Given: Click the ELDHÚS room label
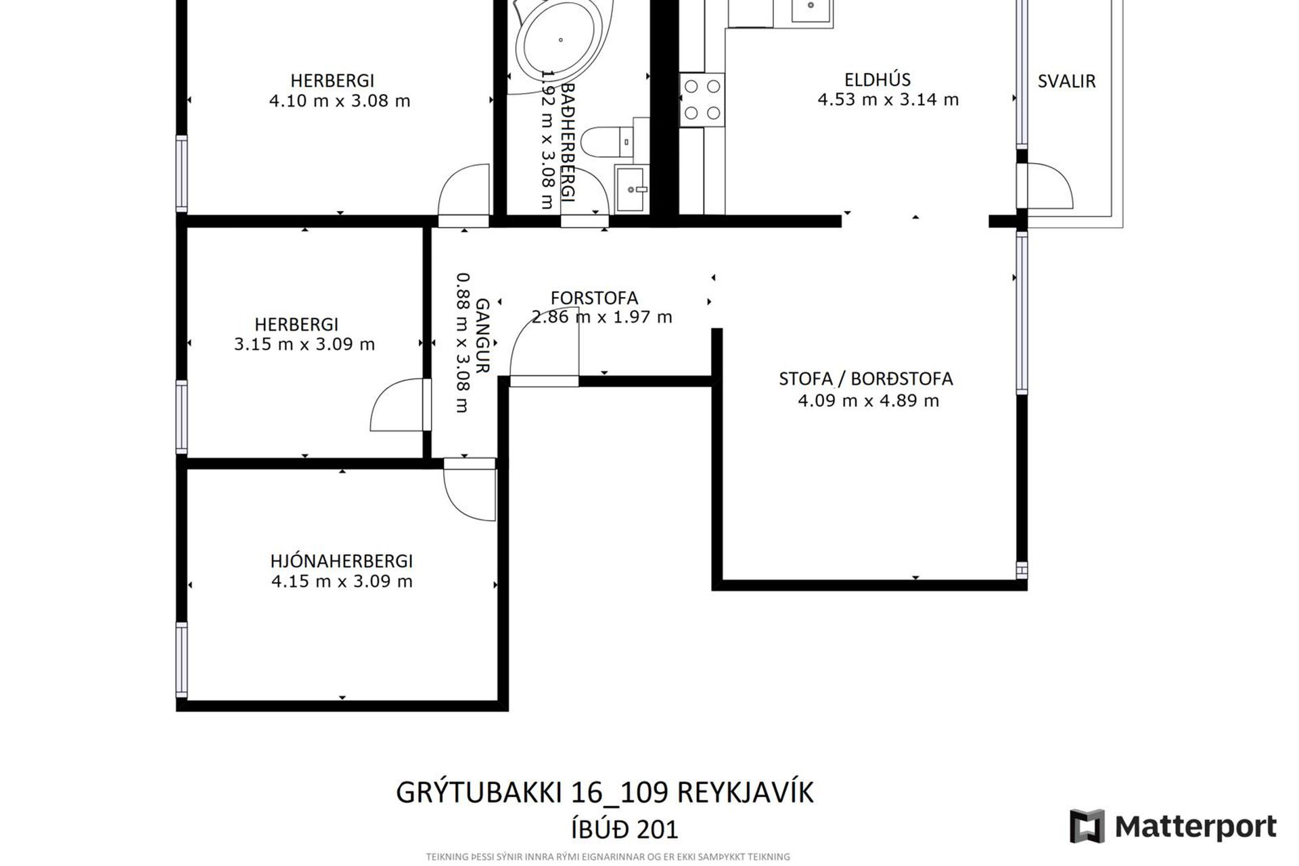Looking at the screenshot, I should point(878,80).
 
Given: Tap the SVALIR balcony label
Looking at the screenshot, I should point(1066,81).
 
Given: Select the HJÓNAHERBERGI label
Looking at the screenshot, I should point(341,561).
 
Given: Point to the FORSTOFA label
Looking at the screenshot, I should point(594,298).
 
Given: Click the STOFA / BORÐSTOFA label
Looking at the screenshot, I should point(865,379).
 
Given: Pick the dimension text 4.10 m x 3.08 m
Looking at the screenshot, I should point(340,101).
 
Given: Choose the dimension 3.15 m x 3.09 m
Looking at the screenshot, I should point(304,344).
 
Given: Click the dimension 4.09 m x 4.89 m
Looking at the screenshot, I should point(868,401).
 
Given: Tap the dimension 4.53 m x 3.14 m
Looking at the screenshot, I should point(888,99).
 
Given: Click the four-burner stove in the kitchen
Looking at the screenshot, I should point(702,99).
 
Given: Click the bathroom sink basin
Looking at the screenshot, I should point(631,189).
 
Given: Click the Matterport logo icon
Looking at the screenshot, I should point(1087,826).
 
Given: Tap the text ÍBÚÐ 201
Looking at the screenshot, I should point(624,829).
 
